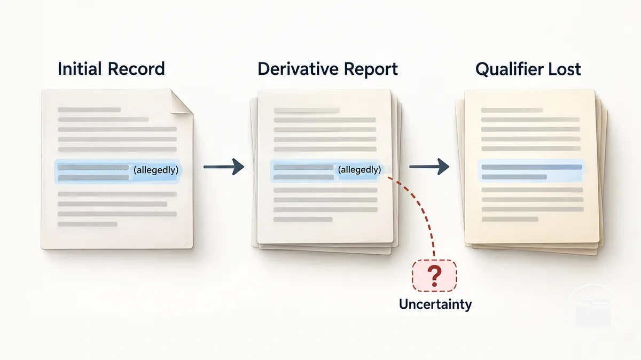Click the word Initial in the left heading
click(x=80, y=69)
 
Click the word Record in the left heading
click(x=136, y=69)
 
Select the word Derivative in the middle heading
click(x=298, y=69)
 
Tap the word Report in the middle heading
click(x=371, y=69)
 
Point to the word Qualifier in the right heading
click(x=508, y=69)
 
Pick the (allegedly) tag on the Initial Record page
click(x=156, y=170)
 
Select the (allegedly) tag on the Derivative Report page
click(x=359, y=170)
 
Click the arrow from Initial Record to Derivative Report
click(x=224, y=167)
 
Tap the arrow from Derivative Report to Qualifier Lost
click(x=429, y=167)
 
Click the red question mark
click(x=435, y=276)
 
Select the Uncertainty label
click(x=435, y=304)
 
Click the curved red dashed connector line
click(x=420, y=207)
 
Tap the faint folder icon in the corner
click(x=593, y=312)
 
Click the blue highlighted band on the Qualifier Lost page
click(x=531, y=171)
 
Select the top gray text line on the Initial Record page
click(x=89, y=109)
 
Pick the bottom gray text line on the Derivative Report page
click(x=303, y=220)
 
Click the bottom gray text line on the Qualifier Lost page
click(x=510, y=219)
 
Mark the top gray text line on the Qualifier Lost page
click(x=512, y=110)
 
